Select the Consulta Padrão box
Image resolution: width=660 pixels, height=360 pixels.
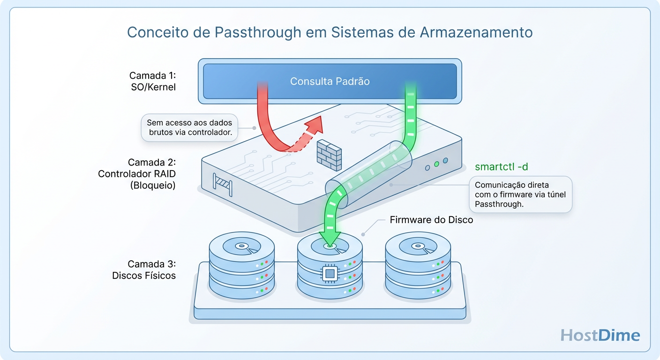click(330, 81)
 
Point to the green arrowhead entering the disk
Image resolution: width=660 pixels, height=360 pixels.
click(330, 238)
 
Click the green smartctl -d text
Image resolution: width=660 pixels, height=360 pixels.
click(504, 166)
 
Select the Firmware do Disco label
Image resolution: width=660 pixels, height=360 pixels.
click(431, 219)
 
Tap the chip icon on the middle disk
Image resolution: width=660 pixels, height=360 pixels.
click(330, 273)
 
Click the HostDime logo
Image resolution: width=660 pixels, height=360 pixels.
click(600, 335)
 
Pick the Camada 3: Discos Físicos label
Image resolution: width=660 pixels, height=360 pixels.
click(144, 270)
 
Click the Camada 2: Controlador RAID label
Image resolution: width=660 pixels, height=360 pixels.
click(136, 174)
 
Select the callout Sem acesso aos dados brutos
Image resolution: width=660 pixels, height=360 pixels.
click(189, 127)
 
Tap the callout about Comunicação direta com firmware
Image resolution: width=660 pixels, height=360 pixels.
click(520, 195)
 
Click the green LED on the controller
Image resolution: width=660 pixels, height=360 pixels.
click(436, 164)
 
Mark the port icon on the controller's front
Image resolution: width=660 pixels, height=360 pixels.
click(223, 183)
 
